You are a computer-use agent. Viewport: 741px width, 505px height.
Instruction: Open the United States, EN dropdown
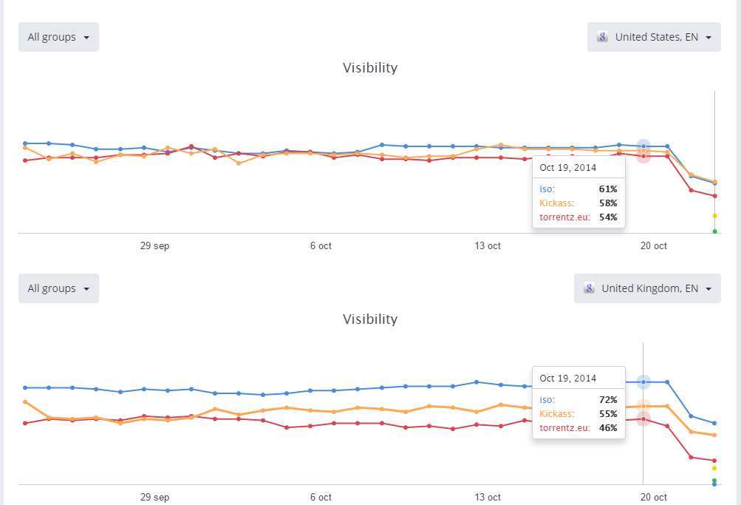coord(654,37)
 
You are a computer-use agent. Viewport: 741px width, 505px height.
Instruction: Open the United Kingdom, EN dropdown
coord(647,288)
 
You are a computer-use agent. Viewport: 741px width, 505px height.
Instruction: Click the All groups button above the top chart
coord(58,37)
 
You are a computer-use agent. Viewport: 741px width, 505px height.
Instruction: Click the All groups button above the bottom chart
coord(58,288)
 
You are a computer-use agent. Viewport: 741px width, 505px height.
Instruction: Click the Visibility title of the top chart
coord(370,68)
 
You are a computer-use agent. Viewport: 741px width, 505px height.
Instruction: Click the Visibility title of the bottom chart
coord(370,319)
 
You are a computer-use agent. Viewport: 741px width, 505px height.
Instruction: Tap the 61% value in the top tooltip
coord(608,189)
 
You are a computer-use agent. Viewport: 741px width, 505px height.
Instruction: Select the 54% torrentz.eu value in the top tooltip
coord(608,217)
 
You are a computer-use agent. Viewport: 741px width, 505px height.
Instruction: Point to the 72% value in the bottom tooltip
coord(608,400)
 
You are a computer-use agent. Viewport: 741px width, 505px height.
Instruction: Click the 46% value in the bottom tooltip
coord(608,428)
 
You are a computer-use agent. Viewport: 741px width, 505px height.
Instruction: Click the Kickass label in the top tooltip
coord(558,203)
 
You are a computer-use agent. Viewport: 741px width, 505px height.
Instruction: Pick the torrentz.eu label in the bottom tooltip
coord(565,428)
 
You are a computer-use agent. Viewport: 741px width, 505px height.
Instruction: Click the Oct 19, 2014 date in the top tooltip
coord(567,168)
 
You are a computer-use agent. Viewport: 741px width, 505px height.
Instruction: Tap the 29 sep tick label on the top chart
coord(154,246)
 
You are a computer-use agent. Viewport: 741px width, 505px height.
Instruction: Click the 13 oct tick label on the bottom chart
coord(488,498)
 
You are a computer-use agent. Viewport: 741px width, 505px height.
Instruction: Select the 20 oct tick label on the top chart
coord(654,246)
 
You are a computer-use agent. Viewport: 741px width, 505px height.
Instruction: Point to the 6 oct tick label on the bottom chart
coord(321,498)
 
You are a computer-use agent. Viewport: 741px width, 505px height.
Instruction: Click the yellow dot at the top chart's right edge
coord(714,216)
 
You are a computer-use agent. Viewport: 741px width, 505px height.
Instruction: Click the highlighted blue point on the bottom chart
coord(643,382)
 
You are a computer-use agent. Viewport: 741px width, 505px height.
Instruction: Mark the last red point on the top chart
coord(714,196)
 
